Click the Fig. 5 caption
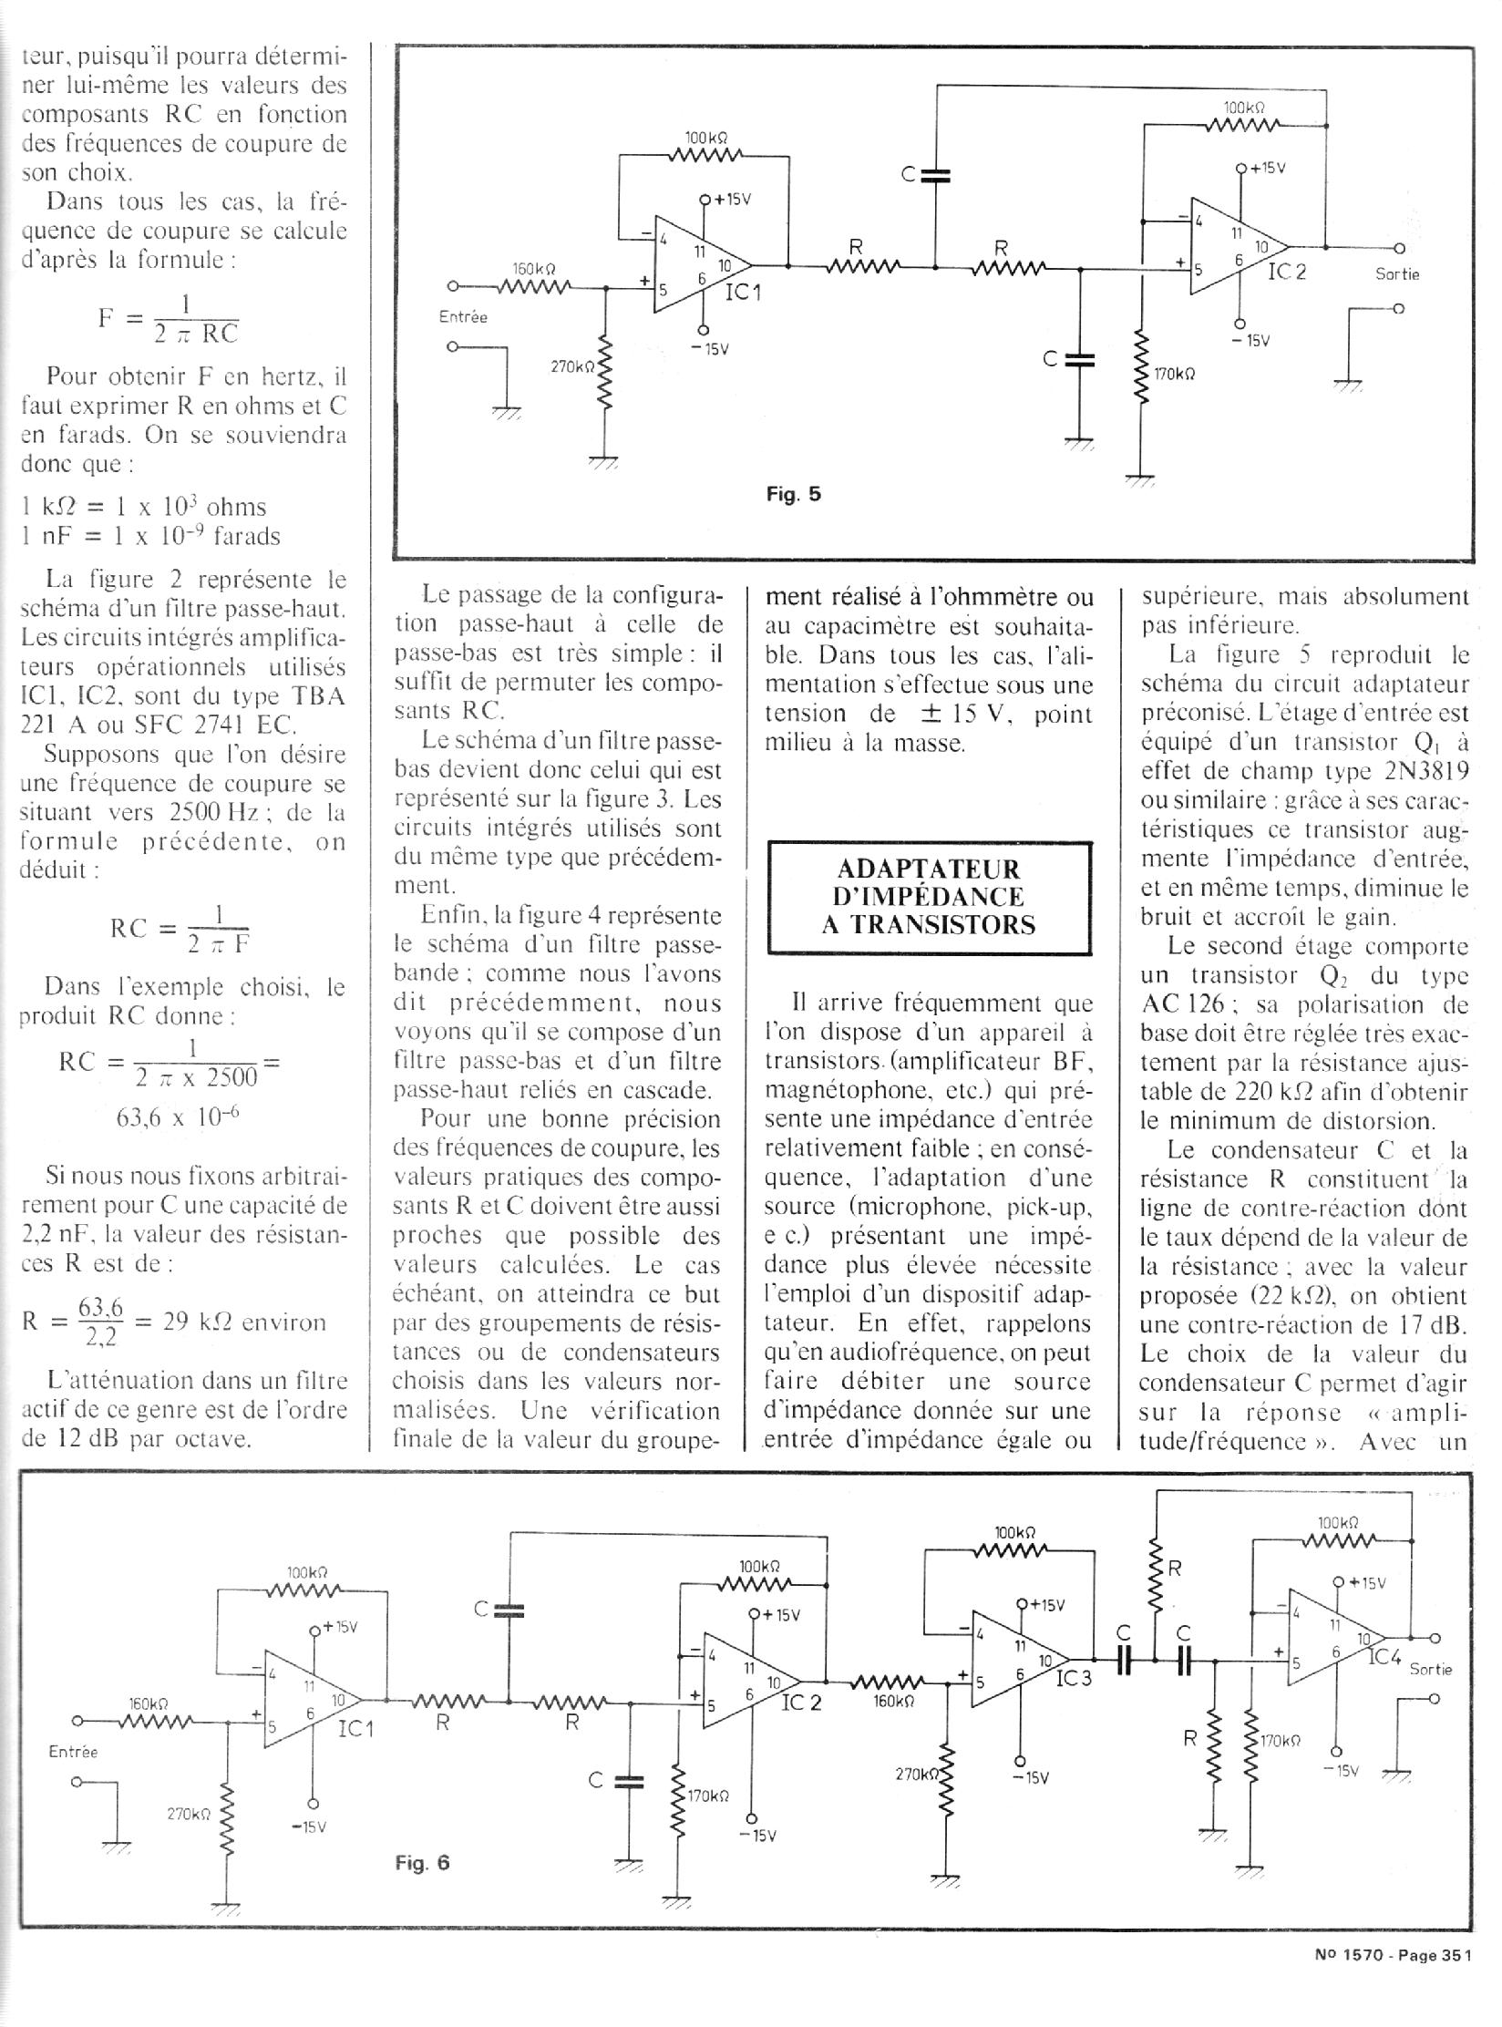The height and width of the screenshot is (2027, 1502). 793,495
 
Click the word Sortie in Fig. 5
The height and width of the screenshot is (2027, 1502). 1397,273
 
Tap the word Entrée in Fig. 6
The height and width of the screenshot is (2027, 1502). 73,1752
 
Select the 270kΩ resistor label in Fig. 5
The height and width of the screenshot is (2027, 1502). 571,366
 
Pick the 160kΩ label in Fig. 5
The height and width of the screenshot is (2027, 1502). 534,269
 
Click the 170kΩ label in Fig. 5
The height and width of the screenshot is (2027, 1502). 1174,375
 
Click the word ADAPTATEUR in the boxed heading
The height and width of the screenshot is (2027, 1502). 930,869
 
